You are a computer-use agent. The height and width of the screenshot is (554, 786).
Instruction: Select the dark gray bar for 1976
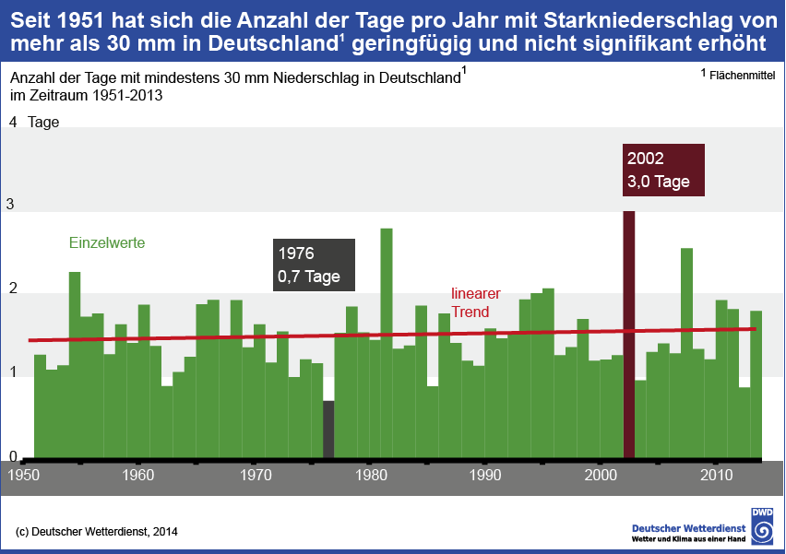(x=328, y=429)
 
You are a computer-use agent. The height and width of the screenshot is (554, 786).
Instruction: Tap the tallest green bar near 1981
(x=387, y=341)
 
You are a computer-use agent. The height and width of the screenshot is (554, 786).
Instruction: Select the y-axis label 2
(x=12, y=289)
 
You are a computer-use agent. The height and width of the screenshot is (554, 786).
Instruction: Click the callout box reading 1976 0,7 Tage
(x=314, y=265)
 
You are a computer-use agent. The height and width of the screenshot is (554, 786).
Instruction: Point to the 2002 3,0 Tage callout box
(x=663, y=171)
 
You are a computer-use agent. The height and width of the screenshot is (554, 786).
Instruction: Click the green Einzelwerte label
(x=107, y=242)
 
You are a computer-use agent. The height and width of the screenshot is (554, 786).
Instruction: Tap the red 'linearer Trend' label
(x=476, y=302)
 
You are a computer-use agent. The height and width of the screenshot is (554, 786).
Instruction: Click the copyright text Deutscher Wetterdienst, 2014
(x=98, y=531)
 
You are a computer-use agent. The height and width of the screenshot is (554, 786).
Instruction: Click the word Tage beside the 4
(x=43, y=122)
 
